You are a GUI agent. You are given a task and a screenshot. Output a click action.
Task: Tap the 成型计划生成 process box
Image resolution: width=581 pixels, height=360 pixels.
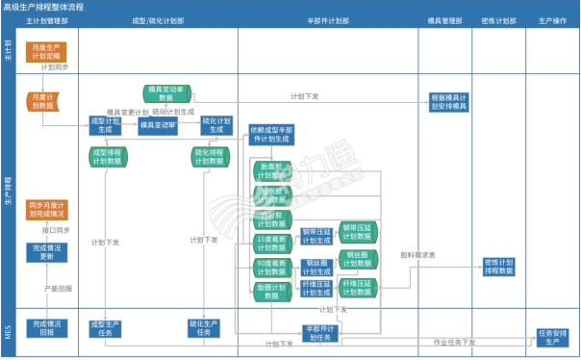[104, 125]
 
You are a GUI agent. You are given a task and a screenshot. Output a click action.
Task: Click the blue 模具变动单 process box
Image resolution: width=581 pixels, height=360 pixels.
[158, 125]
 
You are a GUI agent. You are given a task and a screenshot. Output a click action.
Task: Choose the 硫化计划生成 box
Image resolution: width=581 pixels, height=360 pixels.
[216, 125]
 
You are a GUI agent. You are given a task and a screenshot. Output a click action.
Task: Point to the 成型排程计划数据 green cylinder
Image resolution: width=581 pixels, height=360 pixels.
[106, 157]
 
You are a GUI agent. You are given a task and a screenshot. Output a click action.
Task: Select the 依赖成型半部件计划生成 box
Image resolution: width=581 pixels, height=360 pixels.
[272, 135]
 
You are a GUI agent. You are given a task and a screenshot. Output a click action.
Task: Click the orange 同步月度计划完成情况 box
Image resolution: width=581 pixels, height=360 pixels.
[45, 210]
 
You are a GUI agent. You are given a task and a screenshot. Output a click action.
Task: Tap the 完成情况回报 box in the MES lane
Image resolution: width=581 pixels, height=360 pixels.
[45, 328]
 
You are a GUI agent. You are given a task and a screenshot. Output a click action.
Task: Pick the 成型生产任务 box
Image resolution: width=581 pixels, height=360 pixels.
[108, 328]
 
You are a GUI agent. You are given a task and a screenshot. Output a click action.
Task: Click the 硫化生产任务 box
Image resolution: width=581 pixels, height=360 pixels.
[207, 328]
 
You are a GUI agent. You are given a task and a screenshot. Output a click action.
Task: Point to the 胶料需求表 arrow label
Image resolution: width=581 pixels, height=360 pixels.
[418, 255]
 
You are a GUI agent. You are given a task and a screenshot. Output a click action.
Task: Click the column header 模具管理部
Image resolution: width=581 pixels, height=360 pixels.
[442, 19]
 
